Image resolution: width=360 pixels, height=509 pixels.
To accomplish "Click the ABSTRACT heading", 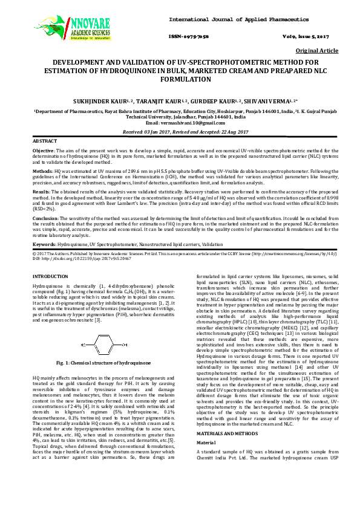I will pyautogui.click(x=44, y=140).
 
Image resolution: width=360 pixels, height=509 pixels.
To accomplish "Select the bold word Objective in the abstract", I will pyautogui.click(x=43, y=150).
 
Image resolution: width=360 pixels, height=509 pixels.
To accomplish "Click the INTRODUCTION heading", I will pyautogui.click(x=50, y=276).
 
